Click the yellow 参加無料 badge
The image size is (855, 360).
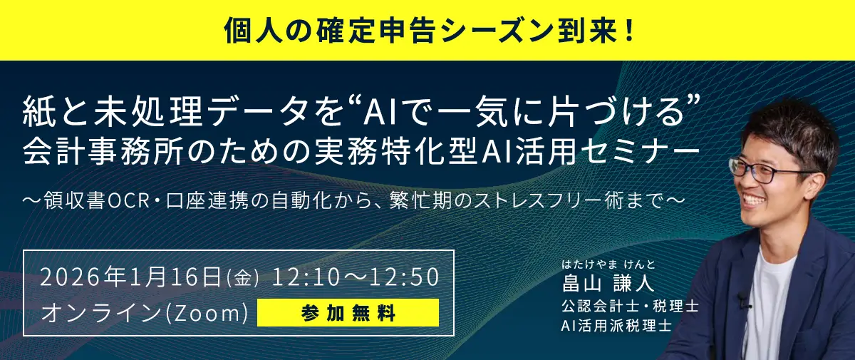point(348,313)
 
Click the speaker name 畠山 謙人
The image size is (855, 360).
point(607,284)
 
